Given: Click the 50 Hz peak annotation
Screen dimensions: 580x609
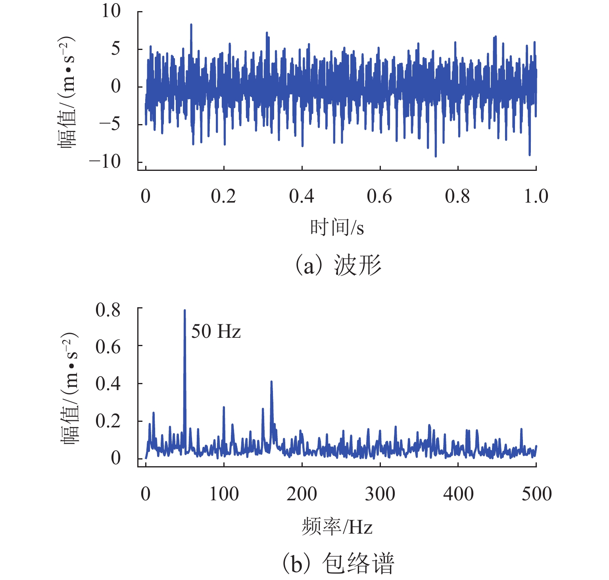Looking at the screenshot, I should tap(216, 331).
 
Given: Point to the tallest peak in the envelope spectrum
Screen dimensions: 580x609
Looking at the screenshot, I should tap(184, 311).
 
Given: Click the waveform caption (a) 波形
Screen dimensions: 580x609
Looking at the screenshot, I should tap(337, 265).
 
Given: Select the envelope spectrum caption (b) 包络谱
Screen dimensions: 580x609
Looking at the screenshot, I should tap(337, 563).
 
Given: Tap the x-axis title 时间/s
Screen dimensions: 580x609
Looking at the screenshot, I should tap(337, 228).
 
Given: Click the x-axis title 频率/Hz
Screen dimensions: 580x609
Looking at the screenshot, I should tap(337, 527).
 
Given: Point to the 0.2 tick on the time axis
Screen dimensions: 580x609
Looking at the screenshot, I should tap(223, 197).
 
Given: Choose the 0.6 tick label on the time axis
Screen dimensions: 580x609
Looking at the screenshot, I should tap(379, 197).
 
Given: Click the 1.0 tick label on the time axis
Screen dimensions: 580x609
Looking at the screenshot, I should tap(536, 197).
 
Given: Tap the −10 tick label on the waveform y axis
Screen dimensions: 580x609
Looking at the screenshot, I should tap(105, 162).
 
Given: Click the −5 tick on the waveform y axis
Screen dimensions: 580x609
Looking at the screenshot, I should tap(110, 124).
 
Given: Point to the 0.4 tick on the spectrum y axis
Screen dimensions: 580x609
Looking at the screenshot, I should tap(108, 383).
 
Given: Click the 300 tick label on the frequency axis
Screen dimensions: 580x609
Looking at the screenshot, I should tap(380, 494).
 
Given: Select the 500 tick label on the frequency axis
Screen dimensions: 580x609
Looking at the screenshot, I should tap(536, 494).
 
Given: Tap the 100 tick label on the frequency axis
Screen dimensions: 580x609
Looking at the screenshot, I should tap(224, 494).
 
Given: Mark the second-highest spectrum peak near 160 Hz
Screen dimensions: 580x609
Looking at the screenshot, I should tap(271, 382).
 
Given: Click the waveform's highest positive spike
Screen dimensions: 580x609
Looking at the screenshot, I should tap(191, 25).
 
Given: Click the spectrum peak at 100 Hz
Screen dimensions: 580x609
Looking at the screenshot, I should tap(224, 408).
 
